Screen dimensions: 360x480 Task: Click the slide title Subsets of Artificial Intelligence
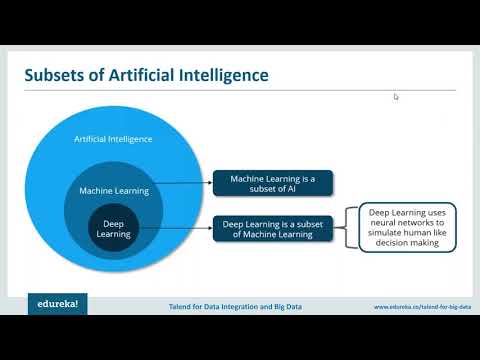(145, 76)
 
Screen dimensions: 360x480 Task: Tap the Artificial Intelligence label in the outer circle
(113, 138)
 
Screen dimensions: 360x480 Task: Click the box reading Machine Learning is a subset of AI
(272, 183)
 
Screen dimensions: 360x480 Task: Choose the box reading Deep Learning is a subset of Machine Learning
(272, 228)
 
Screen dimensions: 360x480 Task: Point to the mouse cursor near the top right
(396, 97)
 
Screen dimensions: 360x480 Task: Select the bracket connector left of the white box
(351, 228)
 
